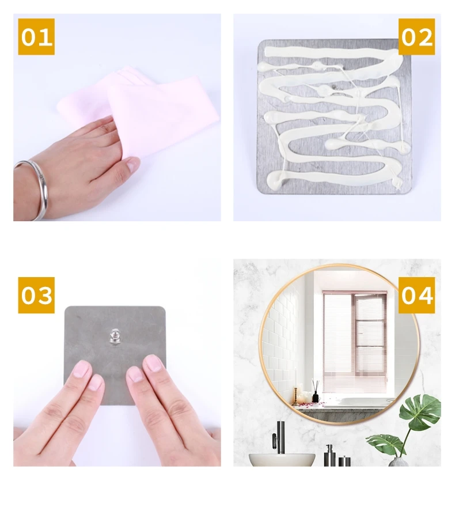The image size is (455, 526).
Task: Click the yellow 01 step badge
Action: point(36,36)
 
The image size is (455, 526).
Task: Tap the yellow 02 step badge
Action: point(416,36)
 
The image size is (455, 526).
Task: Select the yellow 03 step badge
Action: point(36,295)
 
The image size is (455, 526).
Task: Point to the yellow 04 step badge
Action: point(416,295)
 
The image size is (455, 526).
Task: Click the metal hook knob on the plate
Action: point(115,337)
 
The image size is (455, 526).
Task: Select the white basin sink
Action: point(282,460)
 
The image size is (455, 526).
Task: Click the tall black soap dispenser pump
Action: point(329,456)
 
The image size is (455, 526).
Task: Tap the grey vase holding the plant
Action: point(399,462)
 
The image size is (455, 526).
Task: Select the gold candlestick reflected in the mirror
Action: point(295,396)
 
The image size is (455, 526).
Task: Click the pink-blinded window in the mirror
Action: point(354,342)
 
